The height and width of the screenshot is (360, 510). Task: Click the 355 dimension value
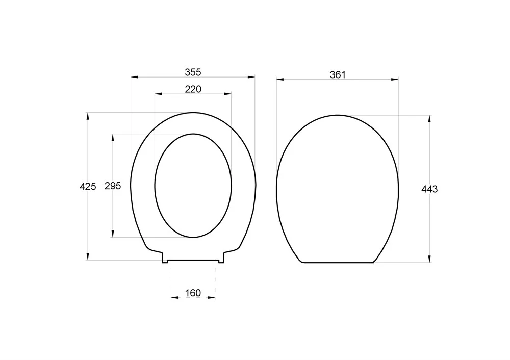tap(193, 72)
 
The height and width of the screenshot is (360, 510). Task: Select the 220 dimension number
tap(193, 89)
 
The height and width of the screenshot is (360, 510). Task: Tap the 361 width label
tap(338, 75)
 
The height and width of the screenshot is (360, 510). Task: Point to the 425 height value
tap(88, 186)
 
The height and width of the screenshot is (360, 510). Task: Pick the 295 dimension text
tap(113, 186)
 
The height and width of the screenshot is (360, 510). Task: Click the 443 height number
tap(429, 189)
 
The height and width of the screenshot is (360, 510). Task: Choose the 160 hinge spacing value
tap(193, 293)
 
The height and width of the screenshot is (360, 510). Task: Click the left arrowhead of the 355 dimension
tap(135, 77)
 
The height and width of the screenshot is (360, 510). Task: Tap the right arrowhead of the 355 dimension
tap(251, 77)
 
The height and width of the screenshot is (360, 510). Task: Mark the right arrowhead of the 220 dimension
tap(227, 94)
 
